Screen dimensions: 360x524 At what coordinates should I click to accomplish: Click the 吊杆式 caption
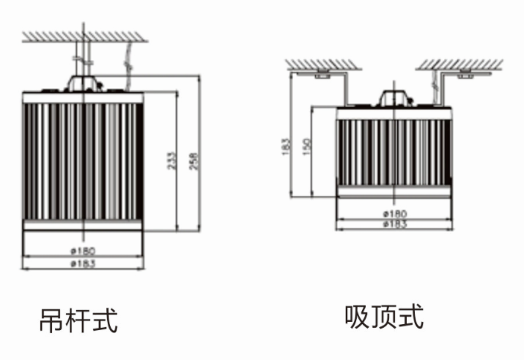[x=78, y=320]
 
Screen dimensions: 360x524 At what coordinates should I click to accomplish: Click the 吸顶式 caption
[x=384, y=317]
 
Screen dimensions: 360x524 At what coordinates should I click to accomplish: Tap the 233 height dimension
[x=171, y=161]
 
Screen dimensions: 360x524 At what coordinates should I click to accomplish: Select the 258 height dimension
[x=194, y=161]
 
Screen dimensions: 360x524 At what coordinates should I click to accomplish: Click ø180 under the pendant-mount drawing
[x=83, y=251]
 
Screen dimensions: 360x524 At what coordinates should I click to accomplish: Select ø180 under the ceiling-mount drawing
[x=394, y=213]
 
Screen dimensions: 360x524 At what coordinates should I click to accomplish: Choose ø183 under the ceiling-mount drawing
[x=394, y=222]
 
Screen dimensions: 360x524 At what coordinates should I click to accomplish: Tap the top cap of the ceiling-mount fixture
[x=394, y=98]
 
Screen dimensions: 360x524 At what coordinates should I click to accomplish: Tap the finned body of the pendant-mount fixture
[x=83, y=158]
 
